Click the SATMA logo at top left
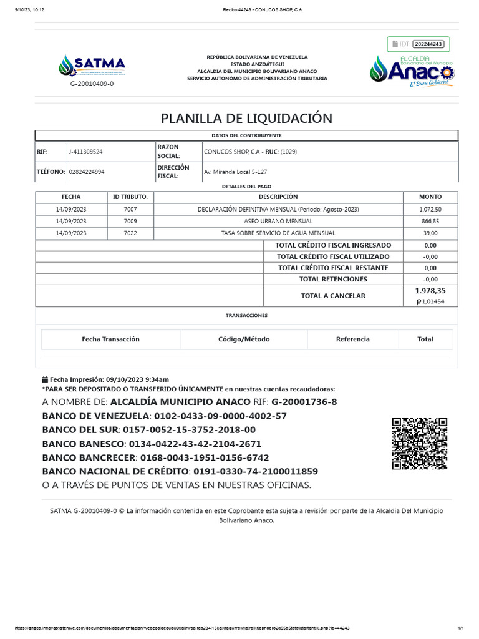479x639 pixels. tap(92, 66)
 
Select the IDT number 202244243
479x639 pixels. tap(428, 44)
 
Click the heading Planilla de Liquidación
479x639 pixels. tap(246, 118)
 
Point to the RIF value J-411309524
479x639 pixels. tap(85, 152)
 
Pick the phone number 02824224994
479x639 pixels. tap(86, 172)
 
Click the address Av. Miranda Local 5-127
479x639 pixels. tap(235, 172)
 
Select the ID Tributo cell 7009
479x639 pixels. tap(130, 221)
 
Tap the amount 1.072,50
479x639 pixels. tap(430, 209)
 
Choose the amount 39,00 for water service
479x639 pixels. tap(430, 233)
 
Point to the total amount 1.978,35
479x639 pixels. tap(430, 291)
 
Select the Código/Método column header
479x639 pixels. tap(244, 339)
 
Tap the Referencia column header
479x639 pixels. tap(352, 339)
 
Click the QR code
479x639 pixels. tap(419, 443)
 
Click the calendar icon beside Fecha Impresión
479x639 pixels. tap(44, 379)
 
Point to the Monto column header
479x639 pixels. tap(430, 197)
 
